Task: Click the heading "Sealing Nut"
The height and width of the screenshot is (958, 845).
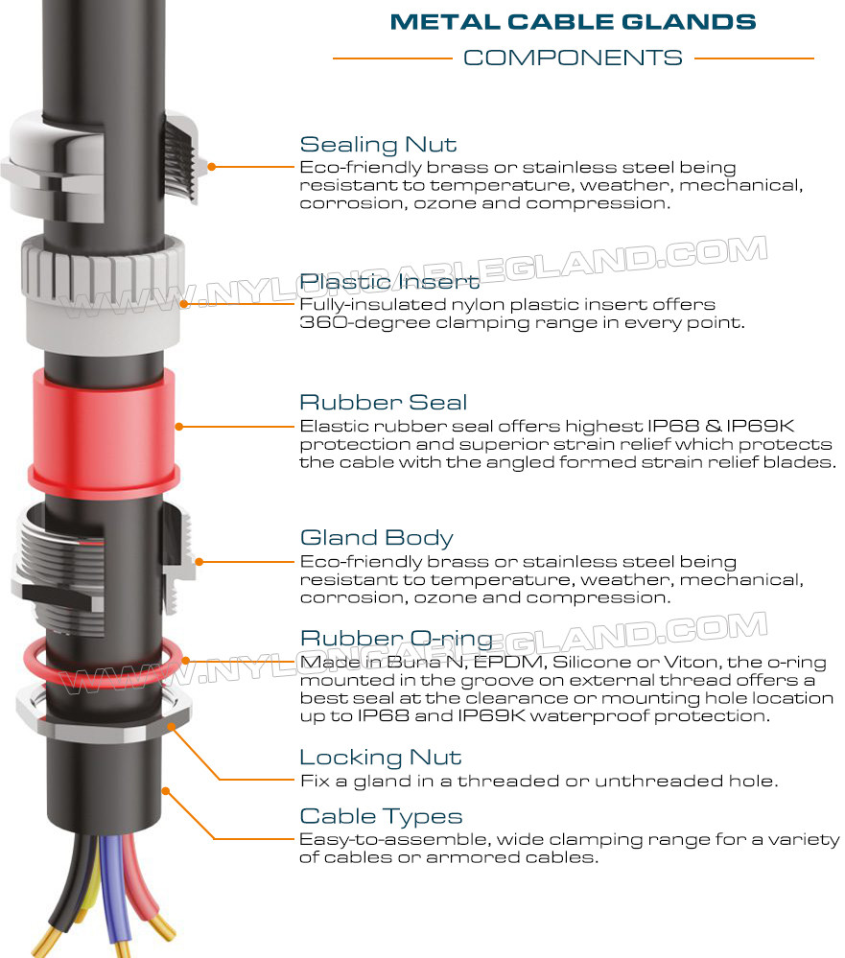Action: pos(378,145)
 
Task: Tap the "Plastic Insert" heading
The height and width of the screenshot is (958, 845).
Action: pos(389,282)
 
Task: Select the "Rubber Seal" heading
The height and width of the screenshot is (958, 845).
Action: pos(383,402)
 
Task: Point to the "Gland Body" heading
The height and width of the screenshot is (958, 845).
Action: pos(376,538)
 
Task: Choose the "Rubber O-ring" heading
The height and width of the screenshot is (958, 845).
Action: pos(396,639)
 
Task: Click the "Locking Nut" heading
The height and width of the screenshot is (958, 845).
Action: pos(380,758)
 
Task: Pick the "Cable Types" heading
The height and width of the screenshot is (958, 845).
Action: pos(381,816)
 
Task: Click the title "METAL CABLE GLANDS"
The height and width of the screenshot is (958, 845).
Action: pos(574,22)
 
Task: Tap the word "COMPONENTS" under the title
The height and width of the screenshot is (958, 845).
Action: pos(573,58)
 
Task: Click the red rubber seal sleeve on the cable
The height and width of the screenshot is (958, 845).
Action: pos(103,428)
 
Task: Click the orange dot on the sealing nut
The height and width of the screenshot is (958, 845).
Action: pos(211,166)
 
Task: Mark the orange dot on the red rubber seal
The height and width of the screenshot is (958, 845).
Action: pos(179,427)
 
